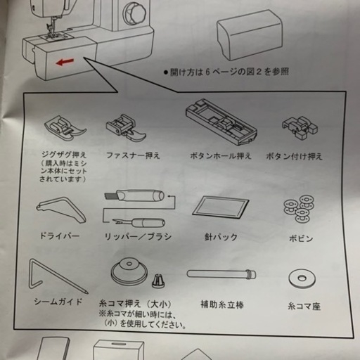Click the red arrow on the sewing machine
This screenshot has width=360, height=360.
(x=65, y=62)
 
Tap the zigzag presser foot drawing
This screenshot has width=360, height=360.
(x=65, y=129)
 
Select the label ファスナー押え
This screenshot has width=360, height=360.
(x=133, y=155)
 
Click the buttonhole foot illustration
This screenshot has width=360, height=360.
(x=221, y=122)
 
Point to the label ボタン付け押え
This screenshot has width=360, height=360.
(x=294, y=156)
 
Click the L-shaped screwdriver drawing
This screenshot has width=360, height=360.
(x=61, y=210)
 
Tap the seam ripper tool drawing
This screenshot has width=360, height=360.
(x=139, y=222)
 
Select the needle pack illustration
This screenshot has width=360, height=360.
(x=220, y=207)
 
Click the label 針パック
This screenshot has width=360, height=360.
(x=221, y=237)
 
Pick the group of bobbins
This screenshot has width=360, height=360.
(x=300, y=209)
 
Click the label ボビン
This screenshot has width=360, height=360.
(x=301, y=238)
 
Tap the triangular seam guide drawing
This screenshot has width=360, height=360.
(x=58, y=276)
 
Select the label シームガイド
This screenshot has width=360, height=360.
(x=58, y=302)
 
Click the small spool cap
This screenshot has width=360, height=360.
(x=158, y=281)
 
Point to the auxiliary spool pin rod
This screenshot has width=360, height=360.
(x=221, y=274)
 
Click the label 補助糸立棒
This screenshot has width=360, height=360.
(x=222, y=304)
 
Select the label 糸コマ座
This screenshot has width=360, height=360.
(x=304, y=307)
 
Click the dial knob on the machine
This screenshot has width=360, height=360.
(x=135, y=13)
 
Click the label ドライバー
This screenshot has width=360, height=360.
(x=60, y=236)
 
